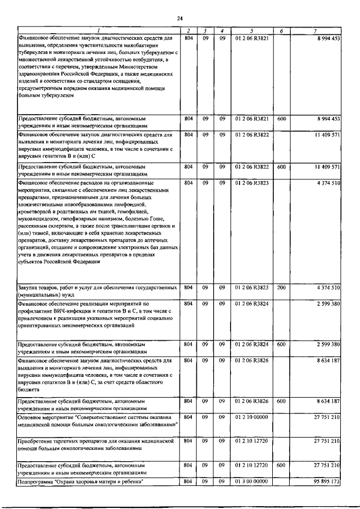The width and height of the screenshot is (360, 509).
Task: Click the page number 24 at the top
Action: (x=180, y=19)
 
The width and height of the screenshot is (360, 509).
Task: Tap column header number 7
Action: (x=319, y=30)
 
